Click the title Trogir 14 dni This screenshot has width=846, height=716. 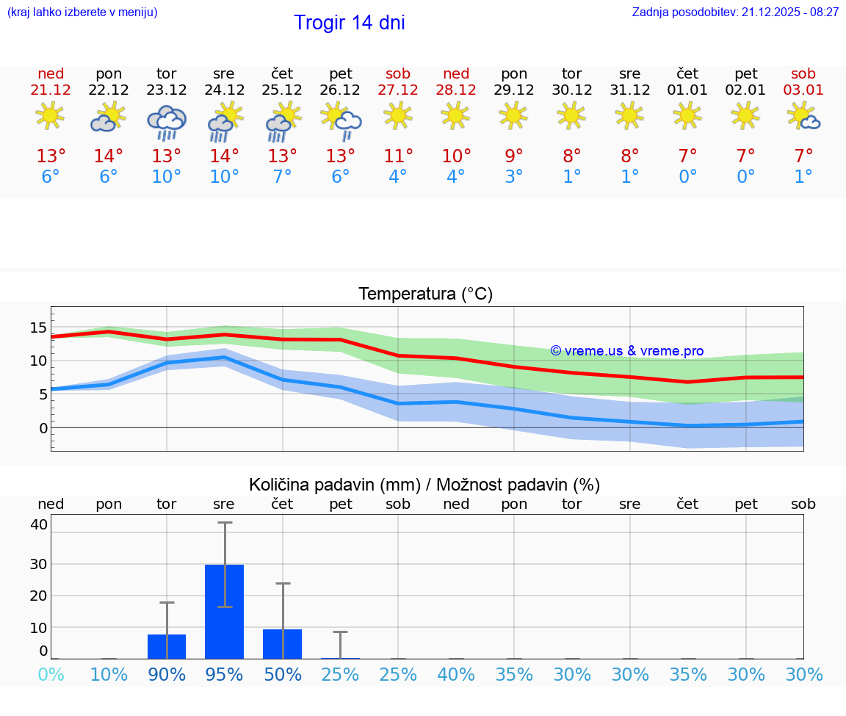[x=350, y=23]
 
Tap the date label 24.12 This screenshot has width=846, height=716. [x=224, y=90]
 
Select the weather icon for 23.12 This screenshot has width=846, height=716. [x=167, y=122]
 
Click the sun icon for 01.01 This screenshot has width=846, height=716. [x=687, y=115]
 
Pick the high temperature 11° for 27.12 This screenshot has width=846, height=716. [x=398, y=156]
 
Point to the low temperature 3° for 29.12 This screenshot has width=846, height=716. [x=514, y=177]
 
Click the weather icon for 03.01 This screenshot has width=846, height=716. [x=803, y=116]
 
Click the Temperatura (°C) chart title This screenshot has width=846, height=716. [x=425, y=294]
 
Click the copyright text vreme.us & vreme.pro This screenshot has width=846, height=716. [x=627, y=351]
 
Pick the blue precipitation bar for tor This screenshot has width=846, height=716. [x=167, y=646]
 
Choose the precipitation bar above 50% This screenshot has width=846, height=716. [x=283, y=643]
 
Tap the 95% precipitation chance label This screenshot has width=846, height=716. [x=224, y=675]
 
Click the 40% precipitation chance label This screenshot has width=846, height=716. [x=456, y=675]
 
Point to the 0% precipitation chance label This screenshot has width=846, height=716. [x=51, y=675]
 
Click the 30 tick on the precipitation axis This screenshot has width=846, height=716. [x=38, y=564]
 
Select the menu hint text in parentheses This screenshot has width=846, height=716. [x=82, y=12]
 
